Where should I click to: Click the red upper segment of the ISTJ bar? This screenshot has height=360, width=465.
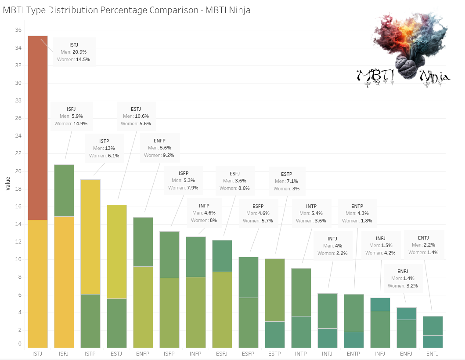(x=38, y=127)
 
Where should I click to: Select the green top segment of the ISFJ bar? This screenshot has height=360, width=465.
(x=64, y=190)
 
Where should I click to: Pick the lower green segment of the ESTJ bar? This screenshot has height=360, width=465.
(x=117, y=323)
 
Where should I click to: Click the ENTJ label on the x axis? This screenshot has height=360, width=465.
(x=433, y=354)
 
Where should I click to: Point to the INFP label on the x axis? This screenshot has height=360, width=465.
(x=195, y=354)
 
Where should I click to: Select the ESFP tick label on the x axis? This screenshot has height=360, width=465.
(x=248, y=354)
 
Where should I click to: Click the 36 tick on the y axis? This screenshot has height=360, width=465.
(x=18, y=30)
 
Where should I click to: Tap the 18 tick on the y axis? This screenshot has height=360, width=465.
(x=18, y=189)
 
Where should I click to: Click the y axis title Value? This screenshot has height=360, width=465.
(x=8, y=183)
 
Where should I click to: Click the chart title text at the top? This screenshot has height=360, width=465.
(x=126, y=10)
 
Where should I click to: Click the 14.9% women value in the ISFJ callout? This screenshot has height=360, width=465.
(x=80, y=124)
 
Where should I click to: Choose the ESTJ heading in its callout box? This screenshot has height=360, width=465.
(x=136, y=109)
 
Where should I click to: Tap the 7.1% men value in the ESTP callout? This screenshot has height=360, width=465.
(x=292, y=181)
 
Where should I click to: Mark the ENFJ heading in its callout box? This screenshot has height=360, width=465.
(x=403, y=271)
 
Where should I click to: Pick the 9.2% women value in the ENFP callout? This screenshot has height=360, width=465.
(x=168, y=155)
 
